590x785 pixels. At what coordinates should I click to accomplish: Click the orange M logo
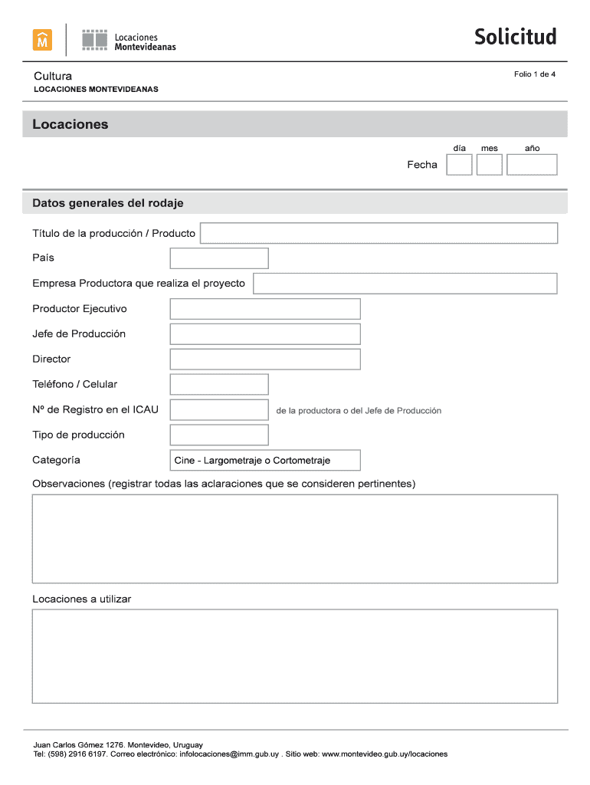pos(42,40)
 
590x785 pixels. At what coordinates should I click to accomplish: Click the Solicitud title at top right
pos(515,37)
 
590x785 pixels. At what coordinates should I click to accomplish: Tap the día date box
pos(459,165)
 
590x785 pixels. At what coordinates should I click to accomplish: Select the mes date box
pos(490,165)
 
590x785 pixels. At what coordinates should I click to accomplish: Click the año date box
pos(532,165)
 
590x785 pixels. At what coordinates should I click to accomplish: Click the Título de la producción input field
pos(379,233)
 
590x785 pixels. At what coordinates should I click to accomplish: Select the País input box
pos(219,258)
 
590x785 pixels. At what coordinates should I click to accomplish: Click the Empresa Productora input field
pos(405,284)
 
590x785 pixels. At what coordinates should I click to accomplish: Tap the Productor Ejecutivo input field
pos(265,309)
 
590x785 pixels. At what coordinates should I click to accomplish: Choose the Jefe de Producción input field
pos(265,334)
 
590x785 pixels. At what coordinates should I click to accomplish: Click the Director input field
pos(265,359)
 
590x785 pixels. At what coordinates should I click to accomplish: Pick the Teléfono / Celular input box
pos(219,384)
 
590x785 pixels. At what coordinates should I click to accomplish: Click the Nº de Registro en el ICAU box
pos(219,409)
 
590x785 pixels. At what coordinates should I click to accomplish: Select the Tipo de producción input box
pos(219,435)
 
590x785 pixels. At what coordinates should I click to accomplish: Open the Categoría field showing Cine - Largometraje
pos(265,460)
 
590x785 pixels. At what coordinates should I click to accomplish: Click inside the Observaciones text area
pos(295,538)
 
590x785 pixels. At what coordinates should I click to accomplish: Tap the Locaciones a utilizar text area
pos(295,656)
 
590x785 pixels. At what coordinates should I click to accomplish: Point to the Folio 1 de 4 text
pos(535,74)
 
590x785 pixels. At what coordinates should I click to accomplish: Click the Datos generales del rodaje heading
pos(108,203)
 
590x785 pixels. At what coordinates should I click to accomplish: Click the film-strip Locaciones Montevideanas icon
pos(95,40)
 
